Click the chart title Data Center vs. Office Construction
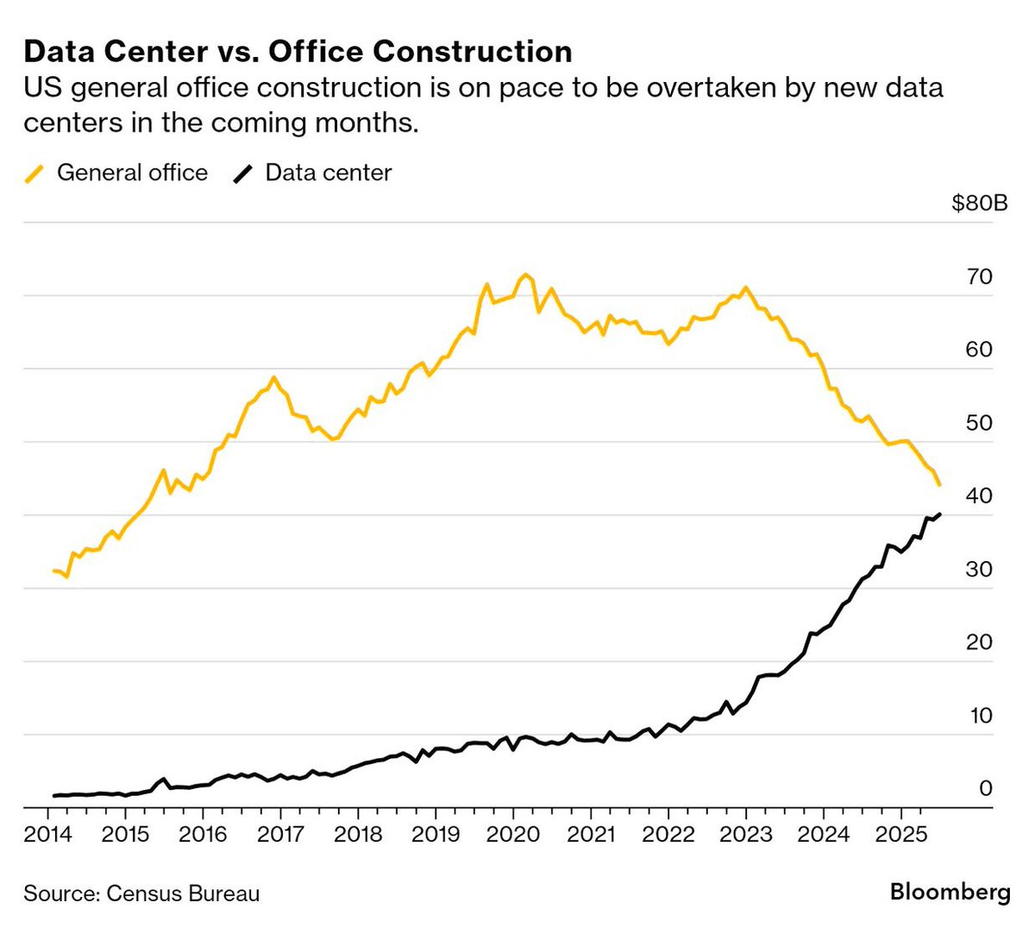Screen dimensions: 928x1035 (298, 52)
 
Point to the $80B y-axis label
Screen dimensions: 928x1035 (979, 204)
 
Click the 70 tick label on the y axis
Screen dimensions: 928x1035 (981, 277)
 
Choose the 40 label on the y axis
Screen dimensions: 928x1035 (981, 496)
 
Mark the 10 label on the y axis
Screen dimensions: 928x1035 (981, 716)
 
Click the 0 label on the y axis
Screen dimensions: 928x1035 (986, 788)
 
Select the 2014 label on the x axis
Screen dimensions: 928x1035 (48, 834)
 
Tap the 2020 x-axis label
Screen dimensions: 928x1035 (513, 834)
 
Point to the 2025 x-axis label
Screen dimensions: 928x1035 (900, 834)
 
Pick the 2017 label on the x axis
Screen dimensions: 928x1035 (280, 834)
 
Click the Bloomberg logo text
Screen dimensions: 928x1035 (950, 892)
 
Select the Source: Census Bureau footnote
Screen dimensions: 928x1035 (141, 893)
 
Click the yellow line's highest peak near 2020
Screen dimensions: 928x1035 (525, 275)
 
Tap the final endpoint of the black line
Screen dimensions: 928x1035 (939, 515)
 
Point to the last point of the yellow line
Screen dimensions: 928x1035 (939, 485)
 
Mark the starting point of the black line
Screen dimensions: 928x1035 (54, 795)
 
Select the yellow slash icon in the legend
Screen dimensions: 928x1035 (34, 173)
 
